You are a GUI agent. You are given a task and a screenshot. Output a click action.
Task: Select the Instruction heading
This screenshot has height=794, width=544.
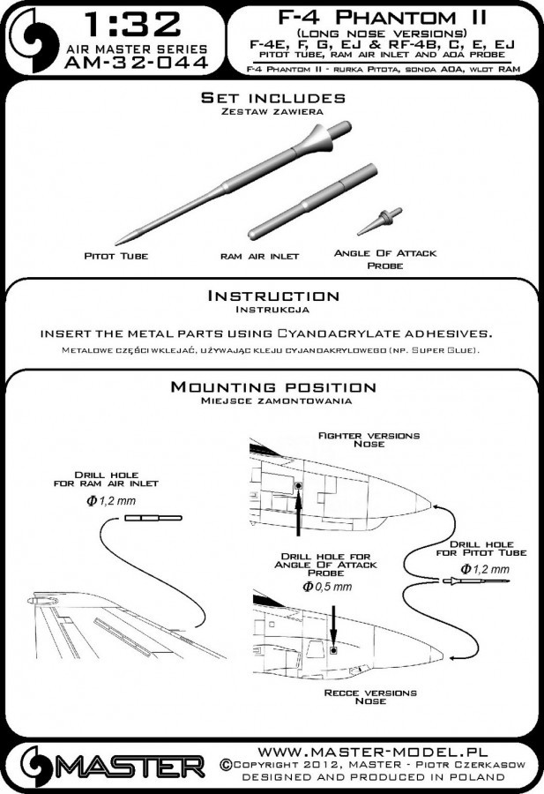click(x=272, y=296)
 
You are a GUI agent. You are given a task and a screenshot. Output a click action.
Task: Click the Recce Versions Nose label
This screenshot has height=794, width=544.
click(x=369, y=697)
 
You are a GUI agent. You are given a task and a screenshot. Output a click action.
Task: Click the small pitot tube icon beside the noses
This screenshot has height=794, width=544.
click(x=473, y=580)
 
